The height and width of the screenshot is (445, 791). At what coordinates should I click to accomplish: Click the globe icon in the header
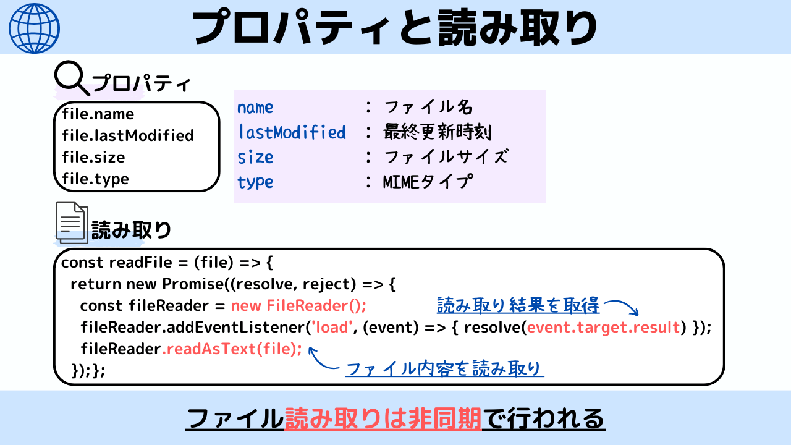coord(35,28)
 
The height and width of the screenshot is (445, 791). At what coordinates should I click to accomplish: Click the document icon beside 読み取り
coord(72,222)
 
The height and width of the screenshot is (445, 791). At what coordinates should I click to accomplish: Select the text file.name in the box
coord(98,114)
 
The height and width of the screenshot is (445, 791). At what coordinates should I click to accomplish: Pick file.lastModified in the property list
coord(127,135)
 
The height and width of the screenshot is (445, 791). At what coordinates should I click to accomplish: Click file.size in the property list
coord(93,157)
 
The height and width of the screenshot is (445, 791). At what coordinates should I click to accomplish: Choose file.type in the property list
coord(95,179)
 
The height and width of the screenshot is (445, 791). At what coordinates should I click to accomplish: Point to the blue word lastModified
coord(292,132)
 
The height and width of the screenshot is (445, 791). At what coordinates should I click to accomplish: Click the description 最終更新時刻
coord(438,132)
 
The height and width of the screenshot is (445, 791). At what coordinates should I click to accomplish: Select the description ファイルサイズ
coord(446,157)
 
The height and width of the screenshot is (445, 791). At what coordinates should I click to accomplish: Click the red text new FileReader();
coord(299,305)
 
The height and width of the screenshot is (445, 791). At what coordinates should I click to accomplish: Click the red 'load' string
coord(332,327)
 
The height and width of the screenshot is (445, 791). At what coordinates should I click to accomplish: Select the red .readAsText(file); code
coord(232,349)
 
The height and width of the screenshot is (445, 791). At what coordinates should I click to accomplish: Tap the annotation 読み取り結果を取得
coord(518,305)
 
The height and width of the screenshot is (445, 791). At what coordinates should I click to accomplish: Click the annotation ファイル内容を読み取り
coord(444,370)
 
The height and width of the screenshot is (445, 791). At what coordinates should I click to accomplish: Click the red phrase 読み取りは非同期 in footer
coord(383,420)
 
